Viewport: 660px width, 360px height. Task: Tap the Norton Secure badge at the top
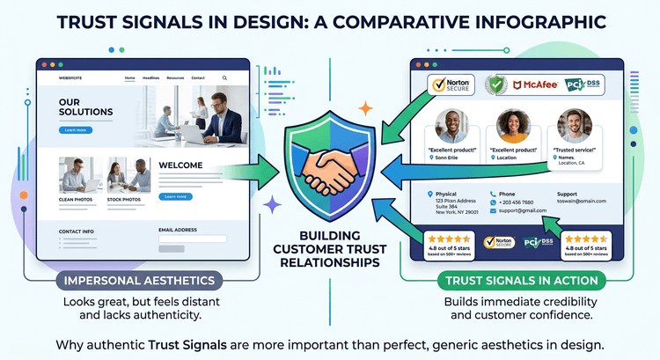[450, 85]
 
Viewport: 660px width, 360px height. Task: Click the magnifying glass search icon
[225, 78]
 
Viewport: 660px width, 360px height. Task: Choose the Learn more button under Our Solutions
[76, 130]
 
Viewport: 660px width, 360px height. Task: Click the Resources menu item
[175, 78]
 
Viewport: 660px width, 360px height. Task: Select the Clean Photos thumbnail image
[77, 174]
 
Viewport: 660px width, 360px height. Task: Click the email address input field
[193, 239]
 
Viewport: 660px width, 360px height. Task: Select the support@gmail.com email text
[524, 211]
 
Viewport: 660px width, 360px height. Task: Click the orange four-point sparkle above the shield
[365, 109]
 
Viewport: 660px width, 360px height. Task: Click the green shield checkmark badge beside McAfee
[498, 85]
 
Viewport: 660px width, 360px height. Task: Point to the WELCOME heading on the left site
[181, 165]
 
